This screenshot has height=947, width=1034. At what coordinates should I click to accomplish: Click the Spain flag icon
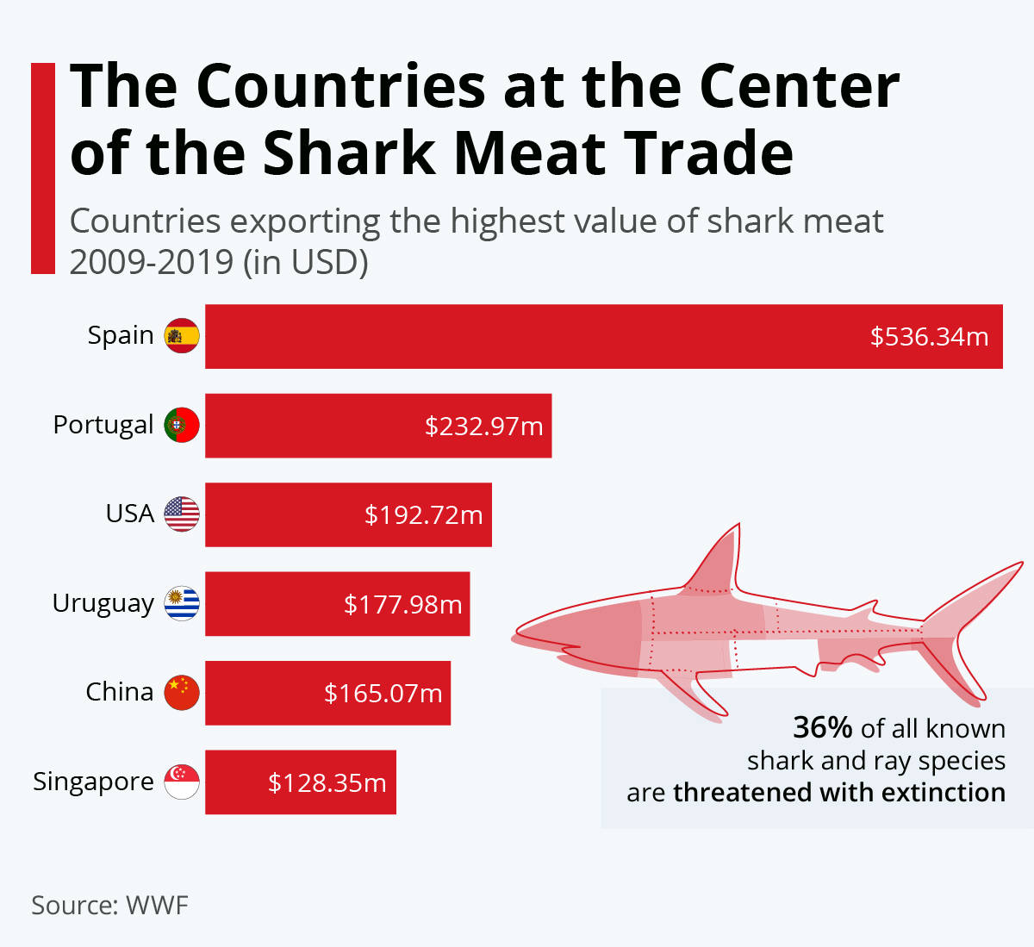coord(182,336)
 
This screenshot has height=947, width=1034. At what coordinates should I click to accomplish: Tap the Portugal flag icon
coord(182,426)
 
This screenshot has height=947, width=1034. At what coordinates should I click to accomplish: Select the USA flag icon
coord(182,514)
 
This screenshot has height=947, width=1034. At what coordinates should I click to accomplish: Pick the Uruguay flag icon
coord(182,604)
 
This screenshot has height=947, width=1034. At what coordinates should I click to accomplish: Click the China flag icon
coord(182,693)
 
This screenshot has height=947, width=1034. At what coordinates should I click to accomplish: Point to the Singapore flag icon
coord(182,782)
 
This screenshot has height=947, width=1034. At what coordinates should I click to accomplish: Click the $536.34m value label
coord(929,337)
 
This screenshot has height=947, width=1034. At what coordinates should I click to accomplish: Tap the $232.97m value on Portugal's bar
coord(483,427)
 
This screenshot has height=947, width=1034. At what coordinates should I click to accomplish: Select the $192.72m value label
coord(423,515)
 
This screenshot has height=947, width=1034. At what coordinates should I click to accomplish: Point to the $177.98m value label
coord(402,605)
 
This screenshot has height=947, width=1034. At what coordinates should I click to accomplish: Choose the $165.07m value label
coord(383,694)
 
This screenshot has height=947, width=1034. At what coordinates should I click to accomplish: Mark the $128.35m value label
coord(327,783)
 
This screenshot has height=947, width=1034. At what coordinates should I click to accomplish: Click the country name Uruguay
coord(103,603)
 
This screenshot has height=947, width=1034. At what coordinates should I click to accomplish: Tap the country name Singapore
coord(93,782)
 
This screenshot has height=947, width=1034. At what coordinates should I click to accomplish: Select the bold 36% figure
coord(822,728)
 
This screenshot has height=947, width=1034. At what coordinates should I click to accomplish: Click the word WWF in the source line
coord(157,906)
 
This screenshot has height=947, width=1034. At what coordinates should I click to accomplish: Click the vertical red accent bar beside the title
coord(42,168)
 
